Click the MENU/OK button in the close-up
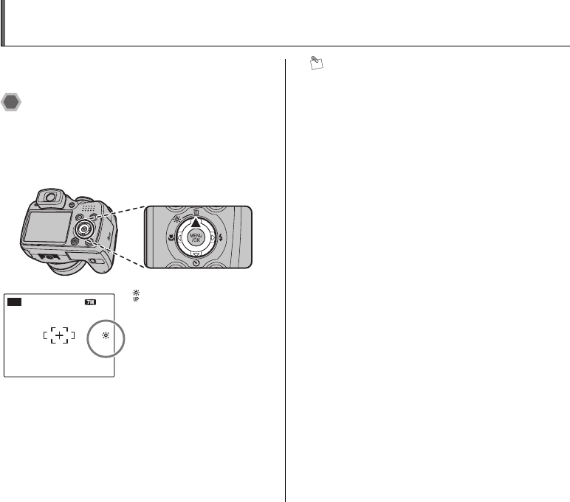(196, 238)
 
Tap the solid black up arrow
(196, 223)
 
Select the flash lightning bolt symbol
(221, 238)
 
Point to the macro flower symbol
(171, 238)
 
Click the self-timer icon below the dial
(196, 263)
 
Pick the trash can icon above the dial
(196, 212)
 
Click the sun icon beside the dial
(177, 219)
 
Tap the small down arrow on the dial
(196, 255)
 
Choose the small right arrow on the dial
(213, 238)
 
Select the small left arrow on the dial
(179, 238)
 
